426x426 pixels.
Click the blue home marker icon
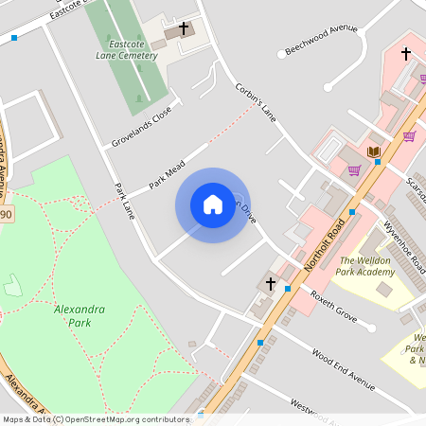pyautogui.click(x=213, y=204)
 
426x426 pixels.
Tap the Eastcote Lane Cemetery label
pyautogui.click(x=132, y=49)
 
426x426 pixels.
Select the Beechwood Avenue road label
pyautogui.click(x=322, y=43)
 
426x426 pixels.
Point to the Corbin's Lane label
pyautogui.click(x=256, y=102)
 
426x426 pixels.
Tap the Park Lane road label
pyautogui.click(x=126, y=203)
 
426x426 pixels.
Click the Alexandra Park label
pyautogui.click(x=79, y=315)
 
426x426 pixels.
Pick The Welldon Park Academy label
pyautogui.click(x=366, y=266)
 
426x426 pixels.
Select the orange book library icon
pyautogui.click(x=373, y=151)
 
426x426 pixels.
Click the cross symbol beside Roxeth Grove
pyautogui.click(x=270, y=283)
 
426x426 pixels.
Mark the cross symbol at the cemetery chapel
pyautogui.click(x=184, y=28)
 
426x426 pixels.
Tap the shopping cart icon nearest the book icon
pyautogui.click(x=354, y=170)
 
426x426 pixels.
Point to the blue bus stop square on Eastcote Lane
pyautogui.click(x=14, y=38)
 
